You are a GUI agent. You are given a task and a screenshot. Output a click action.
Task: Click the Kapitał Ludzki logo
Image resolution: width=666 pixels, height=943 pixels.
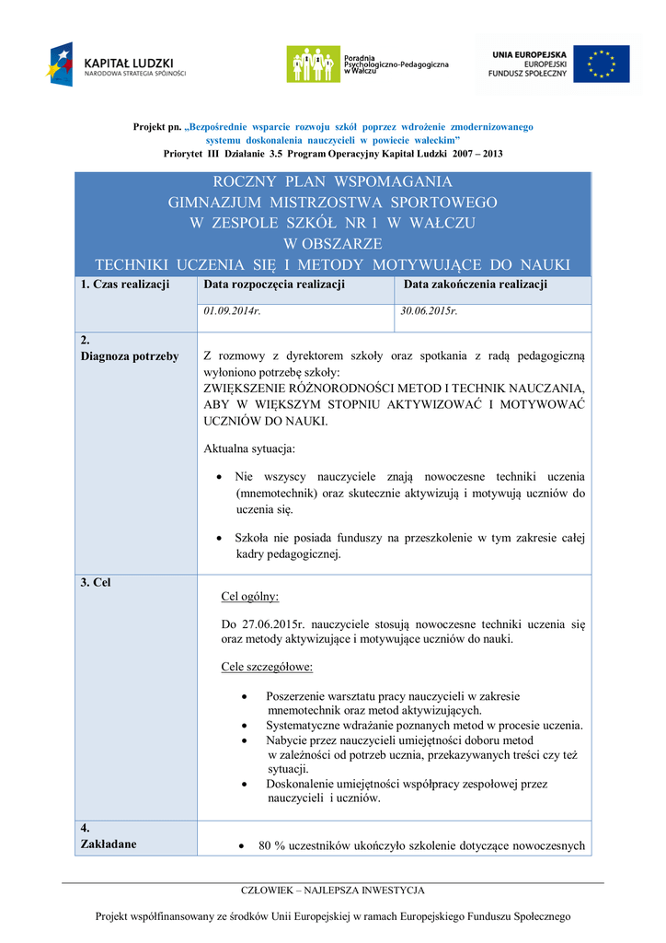pyautogui.click(x=117, y=64)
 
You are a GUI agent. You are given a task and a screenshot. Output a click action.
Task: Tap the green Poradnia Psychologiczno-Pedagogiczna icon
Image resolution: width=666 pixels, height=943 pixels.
pyautogui.click(x=313, y=64)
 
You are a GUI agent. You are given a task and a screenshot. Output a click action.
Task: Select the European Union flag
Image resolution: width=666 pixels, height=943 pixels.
pyautogui.click(x=602, y=64)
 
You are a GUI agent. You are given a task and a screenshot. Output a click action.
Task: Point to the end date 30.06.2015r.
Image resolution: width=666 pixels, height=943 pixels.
pyautogui.click(x=430, y=311)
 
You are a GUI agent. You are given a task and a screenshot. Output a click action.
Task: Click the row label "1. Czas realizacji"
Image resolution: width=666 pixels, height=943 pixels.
pyautogui.click(x=125, y=285)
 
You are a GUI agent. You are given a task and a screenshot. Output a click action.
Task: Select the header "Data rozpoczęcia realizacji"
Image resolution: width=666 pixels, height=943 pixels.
pyautogui.click(x=274, y=285)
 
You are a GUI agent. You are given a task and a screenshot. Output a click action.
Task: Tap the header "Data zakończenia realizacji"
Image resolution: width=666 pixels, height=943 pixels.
pyautogui.click(x=476, y=285)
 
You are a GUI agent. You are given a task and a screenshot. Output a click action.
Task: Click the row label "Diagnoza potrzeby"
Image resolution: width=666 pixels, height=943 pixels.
pyautogui.click(x=130, y=355)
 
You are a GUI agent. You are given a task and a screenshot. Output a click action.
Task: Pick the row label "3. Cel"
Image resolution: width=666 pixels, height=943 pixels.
pyautogui.click(x=96, y=582)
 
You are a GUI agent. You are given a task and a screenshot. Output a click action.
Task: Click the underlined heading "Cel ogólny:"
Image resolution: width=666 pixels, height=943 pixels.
pyautogui.click(x=250, y=596)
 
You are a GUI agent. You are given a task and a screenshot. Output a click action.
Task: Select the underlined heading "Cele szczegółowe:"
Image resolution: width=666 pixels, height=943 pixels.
pyautogui.click(x=268, y=666)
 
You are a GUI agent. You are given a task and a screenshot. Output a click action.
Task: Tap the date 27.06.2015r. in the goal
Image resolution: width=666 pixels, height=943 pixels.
pyautogui.click(x=275, y=623)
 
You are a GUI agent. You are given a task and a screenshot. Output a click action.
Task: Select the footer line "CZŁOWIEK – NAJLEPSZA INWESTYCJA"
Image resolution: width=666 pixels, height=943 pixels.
pyautogui.click(x=332, y=891)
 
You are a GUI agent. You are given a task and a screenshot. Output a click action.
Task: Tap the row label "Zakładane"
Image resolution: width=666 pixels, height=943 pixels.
pyautogui.click(x=109, y=844)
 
